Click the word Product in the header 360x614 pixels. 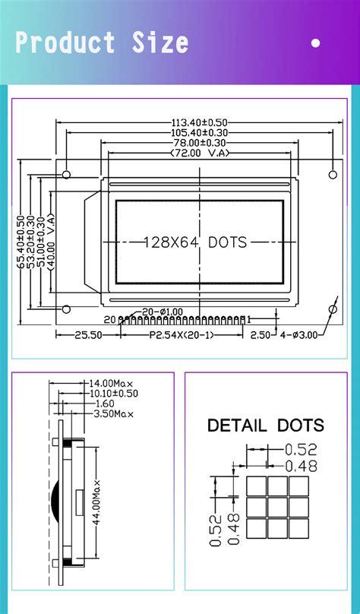tap(65, 43)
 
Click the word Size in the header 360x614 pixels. tap(160, 43)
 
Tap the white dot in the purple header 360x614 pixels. tap(316, 43)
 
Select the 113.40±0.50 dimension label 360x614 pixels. tap(200, 123)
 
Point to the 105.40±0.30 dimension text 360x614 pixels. tap(200, 133)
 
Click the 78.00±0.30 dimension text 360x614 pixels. tap(200, 143)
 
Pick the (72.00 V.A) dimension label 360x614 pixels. tap(200, 153)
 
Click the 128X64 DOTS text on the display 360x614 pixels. tap(196, 242)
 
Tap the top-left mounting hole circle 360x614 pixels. tap(67, 175)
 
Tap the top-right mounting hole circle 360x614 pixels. tap(333, 175)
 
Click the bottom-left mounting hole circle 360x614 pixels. tap(67, 309)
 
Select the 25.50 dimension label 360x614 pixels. tap(88, 334)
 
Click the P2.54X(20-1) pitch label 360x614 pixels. tap(182, 334)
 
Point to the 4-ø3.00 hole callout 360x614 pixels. tap(299, 334)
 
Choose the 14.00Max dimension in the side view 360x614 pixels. tap(112, 384)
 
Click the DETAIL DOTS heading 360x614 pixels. tap(265, 426)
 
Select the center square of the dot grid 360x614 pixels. tap(277, 507)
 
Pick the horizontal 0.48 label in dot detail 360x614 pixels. tap(301, 467)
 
